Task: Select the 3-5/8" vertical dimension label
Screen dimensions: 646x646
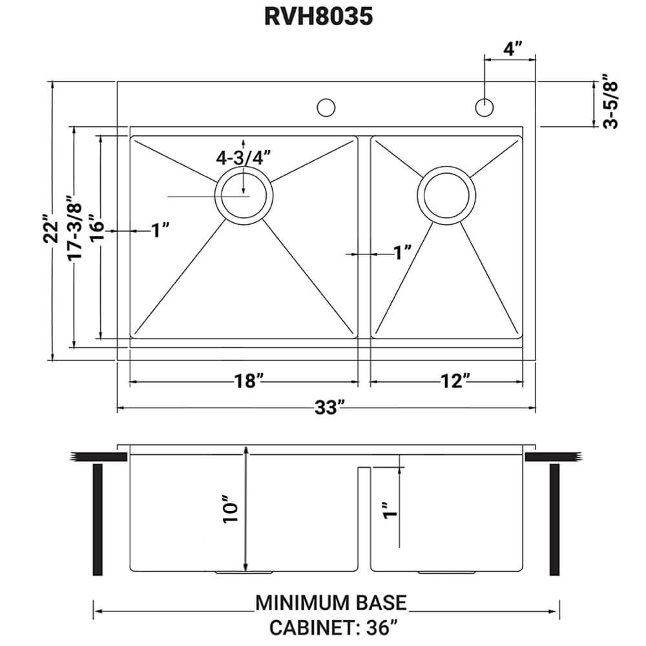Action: pos(610,104)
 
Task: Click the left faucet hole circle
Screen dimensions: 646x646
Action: pos(326,107)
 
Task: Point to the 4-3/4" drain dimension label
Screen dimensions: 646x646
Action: pos(243,158)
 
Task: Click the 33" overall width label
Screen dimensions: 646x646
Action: pos(329,408)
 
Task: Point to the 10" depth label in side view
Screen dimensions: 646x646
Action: pos(231,510)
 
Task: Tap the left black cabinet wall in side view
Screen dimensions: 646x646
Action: pos(98,519)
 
